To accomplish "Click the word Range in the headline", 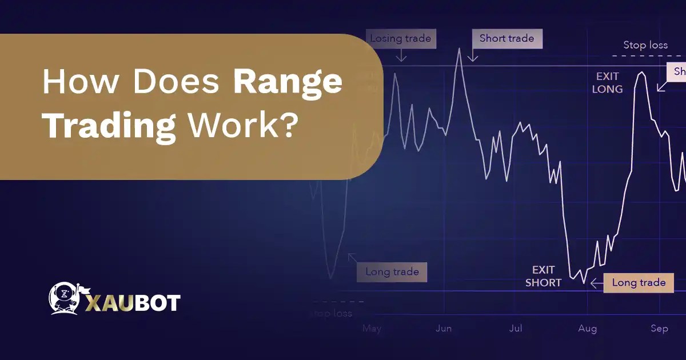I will [x=288, y=84].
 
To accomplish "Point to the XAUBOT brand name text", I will [x=133, y=302].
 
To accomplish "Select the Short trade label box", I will [x=506, y=38].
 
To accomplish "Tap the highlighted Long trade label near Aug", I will [x=639, y=282].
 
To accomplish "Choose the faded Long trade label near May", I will [x=392, y=271].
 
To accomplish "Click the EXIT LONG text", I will [x=607, y=83].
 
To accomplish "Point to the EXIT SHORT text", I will [x=543, y=276].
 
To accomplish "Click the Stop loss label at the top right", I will [x=645, y=45].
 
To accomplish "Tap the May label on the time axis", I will [x=372, y=329].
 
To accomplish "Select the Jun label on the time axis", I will [x=444, y=329].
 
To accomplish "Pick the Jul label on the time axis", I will [x=516, y=329].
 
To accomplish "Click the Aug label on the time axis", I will [x=587, y=329].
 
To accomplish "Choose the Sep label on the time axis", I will [x=659, y=329].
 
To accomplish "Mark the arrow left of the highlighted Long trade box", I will [x=596, y=282].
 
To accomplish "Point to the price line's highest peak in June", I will [x=459, y=49].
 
